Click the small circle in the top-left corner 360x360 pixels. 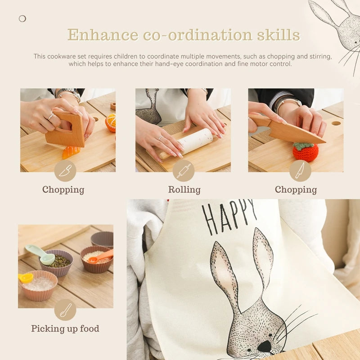22,18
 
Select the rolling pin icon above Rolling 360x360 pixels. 184,171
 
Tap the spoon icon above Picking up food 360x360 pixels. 65,310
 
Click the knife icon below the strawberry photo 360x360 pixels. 300,171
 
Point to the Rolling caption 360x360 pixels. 184,189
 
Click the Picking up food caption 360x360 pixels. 65,329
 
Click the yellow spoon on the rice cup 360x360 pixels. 26,277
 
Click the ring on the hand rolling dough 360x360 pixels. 161,138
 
